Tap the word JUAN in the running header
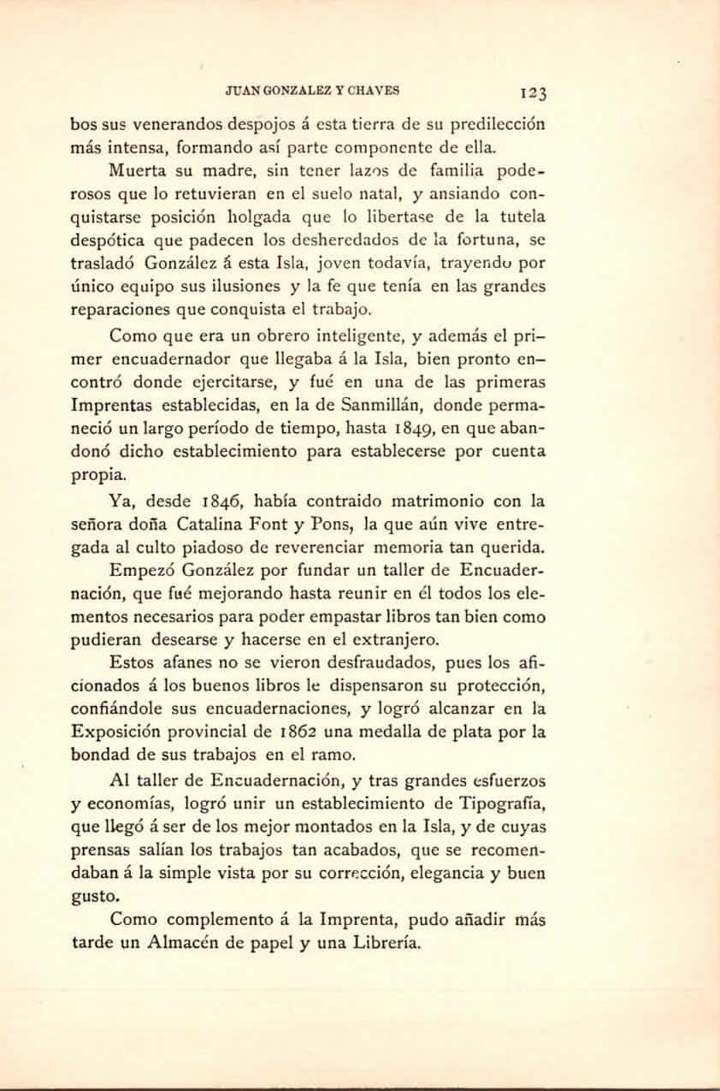[240, 89]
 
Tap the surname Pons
[328, 525]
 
